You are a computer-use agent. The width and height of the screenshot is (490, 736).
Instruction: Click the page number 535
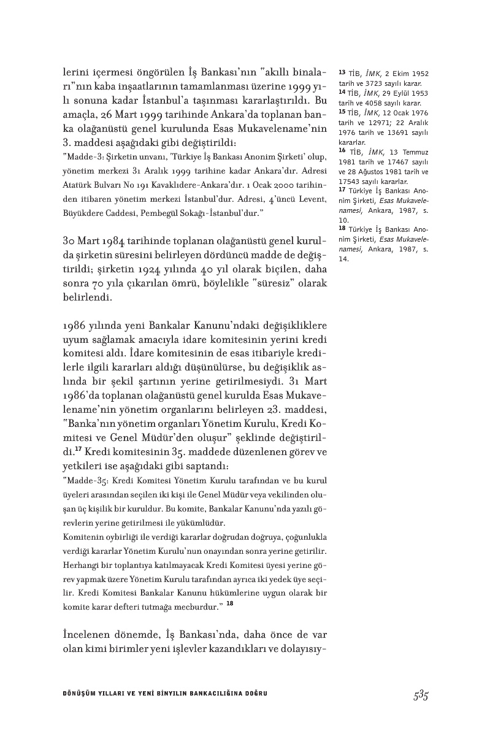tap(420, 695)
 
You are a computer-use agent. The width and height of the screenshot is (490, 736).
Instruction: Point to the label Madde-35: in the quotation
tap(83, 479)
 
